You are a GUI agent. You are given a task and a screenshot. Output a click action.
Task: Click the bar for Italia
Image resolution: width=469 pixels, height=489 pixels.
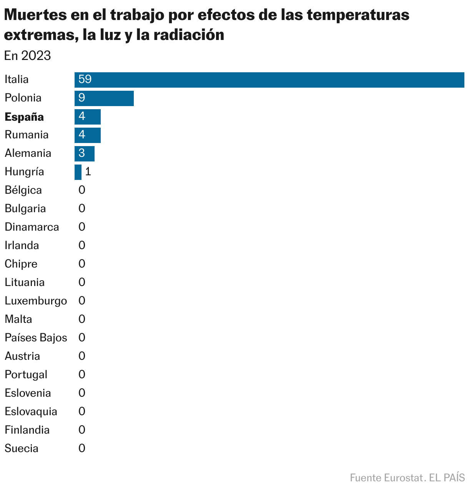pos(269,80)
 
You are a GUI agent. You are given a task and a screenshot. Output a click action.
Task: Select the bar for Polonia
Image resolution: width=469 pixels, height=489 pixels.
pos(104,98)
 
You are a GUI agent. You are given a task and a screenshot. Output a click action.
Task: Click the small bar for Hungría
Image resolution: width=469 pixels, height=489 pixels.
pos(78,172)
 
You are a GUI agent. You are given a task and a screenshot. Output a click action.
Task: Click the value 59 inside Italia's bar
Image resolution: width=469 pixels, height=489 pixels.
pos(85,80)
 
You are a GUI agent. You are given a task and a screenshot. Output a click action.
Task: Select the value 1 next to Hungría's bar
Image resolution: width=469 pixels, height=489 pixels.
pos(88,172)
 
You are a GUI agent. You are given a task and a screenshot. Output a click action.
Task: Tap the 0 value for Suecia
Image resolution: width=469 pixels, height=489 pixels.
pos(82,448)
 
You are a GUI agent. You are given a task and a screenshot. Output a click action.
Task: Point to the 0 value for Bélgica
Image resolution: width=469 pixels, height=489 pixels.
pos(82,190)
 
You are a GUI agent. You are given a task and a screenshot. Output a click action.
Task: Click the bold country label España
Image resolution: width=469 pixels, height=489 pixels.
pos(24,117)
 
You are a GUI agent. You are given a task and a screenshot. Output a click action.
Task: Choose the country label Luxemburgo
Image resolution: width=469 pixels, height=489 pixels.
pos(36,301)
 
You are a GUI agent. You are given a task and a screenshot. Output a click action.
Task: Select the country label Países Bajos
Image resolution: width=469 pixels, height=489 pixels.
pos(36,338)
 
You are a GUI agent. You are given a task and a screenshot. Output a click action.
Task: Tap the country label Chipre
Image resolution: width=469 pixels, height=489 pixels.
pos(21,264)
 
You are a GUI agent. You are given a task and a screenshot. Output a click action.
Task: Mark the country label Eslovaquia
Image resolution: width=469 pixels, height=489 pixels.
pos(31,411)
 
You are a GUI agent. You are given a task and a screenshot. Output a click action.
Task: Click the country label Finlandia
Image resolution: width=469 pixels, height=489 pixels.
pos(27,430)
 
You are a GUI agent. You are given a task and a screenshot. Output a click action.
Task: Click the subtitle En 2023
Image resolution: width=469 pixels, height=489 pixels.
pos(27,56)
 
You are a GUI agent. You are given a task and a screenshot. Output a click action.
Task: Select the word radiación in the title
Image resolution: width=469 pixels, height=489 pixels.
pos(189,35)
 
